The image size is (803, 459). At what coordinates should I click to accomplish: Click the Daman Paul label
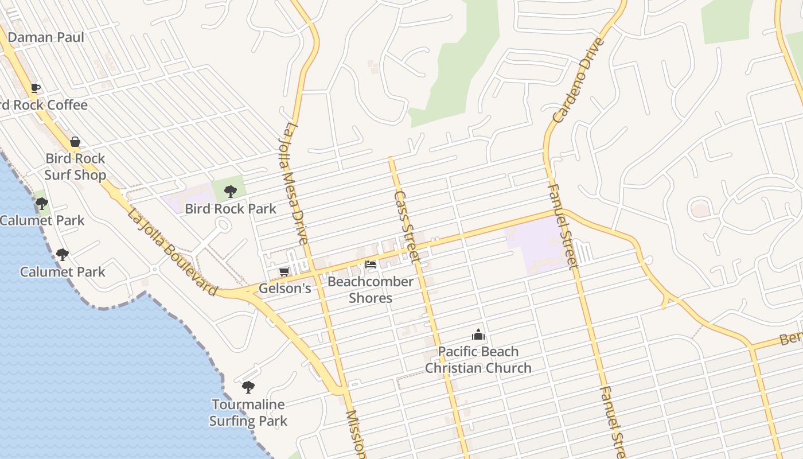tap(46, 37)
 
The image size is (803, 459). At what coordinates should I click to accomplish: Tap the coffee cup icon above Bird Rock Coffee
tap(36, 88)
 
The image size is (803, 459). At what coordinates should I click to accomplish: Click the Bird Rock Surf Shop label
tap(75, 166)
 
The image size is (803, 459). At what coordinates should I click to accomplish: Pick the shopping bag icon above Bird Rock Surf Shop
tap(75, 142)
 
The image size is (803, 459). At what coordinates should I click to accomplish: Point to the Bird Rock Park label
tap(231, 209)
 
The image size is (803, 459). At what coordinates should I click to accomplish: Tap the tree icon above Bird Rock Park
tap(231, 192)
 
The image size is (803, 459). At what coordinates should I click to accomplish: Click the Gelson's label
tap(284, 288)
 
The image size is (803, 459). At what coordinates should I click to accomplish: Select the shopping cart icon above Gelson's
tap(284, 271)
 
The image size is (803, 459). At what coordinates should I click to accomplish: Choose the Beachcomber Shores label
tap(371, 290)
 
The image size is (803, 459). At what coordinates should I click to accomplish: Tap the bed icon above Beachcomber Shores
tap(371, 264)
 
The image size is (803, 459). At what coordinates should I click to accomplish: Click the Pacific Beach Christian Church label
tap(478, 360)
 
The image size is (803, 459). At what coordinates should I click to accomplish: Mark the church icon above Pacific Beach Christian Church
tap(478, 334)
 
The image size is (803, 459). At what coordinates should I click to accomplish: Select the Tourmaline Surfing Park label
tap(248, 413)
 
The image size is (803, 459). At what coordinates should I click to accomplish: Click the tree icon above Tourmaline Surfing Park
tap(248, 387)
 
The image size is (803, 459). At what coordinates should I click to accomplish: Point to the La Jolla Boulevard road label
tap(172, 253)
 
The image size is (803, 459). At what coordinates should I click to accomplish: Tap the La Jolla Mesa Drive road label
tap(295, 182)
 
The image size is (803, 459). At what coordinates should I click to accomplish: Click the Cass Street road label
tap(407, 227)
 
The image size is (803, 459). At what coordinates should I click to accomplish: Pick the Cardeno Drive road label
tap(579, 80)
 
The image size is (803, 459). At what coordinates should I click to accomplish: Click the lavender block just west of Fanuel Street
tap(533, 247)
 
